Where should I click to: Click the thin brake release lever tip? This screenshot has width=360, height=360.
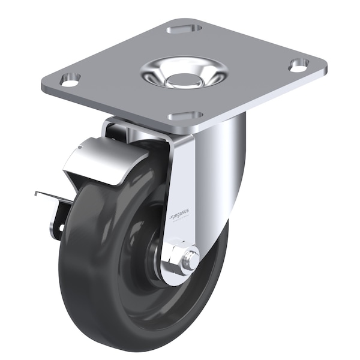37,193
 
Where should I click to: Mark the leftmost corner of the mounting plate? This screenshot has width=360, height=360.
43,86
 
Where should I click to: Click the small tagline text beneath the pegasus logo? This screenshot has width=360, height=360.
179,221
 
